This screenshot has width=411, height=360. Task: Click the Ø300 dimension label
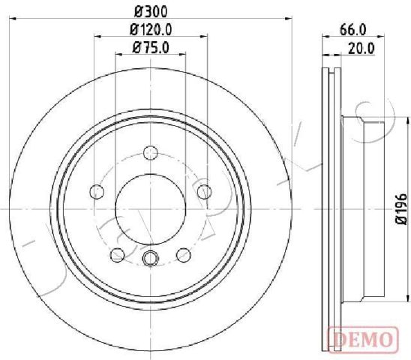pyautogui.click(x=151, y=11)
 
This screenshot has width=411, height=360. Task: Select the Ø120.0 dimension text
pyautogui.click(x=151, y=29)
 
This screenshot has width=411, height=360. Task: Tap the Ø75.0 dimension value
pyautogui.click(x=151, y=48)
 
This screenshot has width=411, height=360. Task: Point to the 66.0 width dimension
pyautogui.click(x=352, y=29)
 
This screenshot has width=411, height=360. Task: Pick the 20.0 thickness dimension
pyautogui.click(x=361, y=48)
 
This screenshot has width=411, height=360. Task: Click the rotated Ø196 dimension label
pyautogui.click(x=401, y=209)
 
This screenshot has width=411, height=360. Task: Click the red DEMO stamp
pyautogui.click(x=363, y=339)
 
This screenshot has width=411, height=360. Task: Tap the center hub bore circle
pyautogui.click(x=151, y=209)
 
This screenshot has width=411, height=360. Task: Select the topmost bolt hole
pyautogui.click(x=151, y=153)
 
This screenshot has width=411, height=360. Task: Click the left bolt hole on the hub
pyautogui.click(x=97, y=192)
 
